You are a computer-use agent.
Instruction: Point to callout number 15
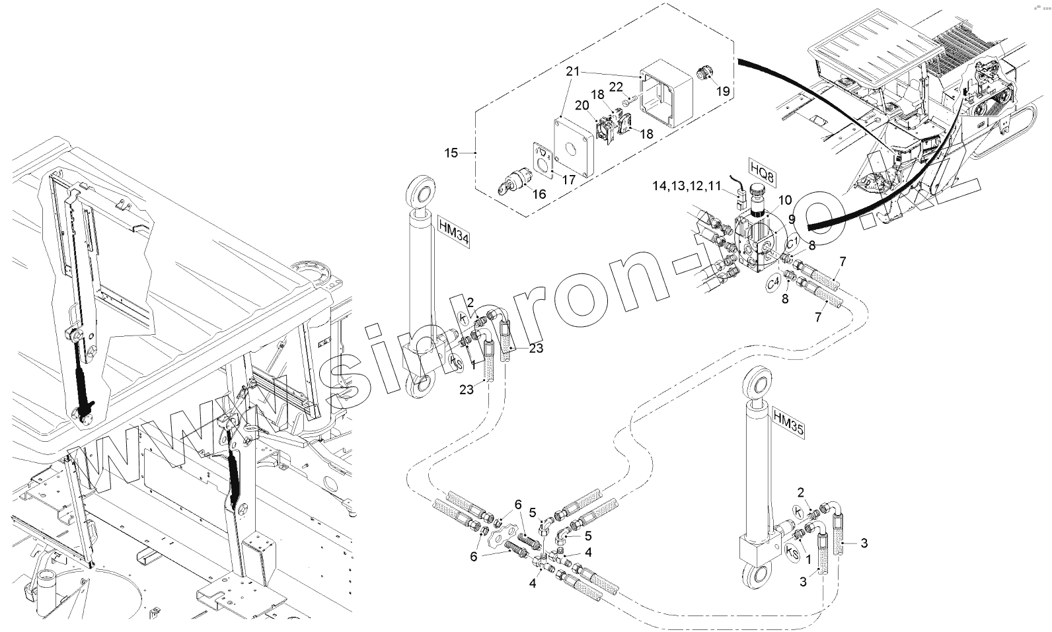[451, 153]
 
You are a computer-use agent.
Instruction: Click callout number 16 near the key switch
[539, 194]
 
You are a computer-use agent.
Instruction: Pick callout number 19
[723, 91]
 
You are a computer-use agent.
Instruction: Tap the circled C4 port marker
[774, 283]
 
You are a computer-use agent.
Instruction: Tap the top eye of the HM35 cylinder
[755, 385]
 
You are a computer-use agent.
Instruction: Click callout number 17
[568, 179]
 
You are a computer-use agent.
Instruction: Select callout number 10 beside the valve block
[784, 200]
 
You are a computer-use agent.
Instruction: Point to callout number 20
[582, 105]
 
